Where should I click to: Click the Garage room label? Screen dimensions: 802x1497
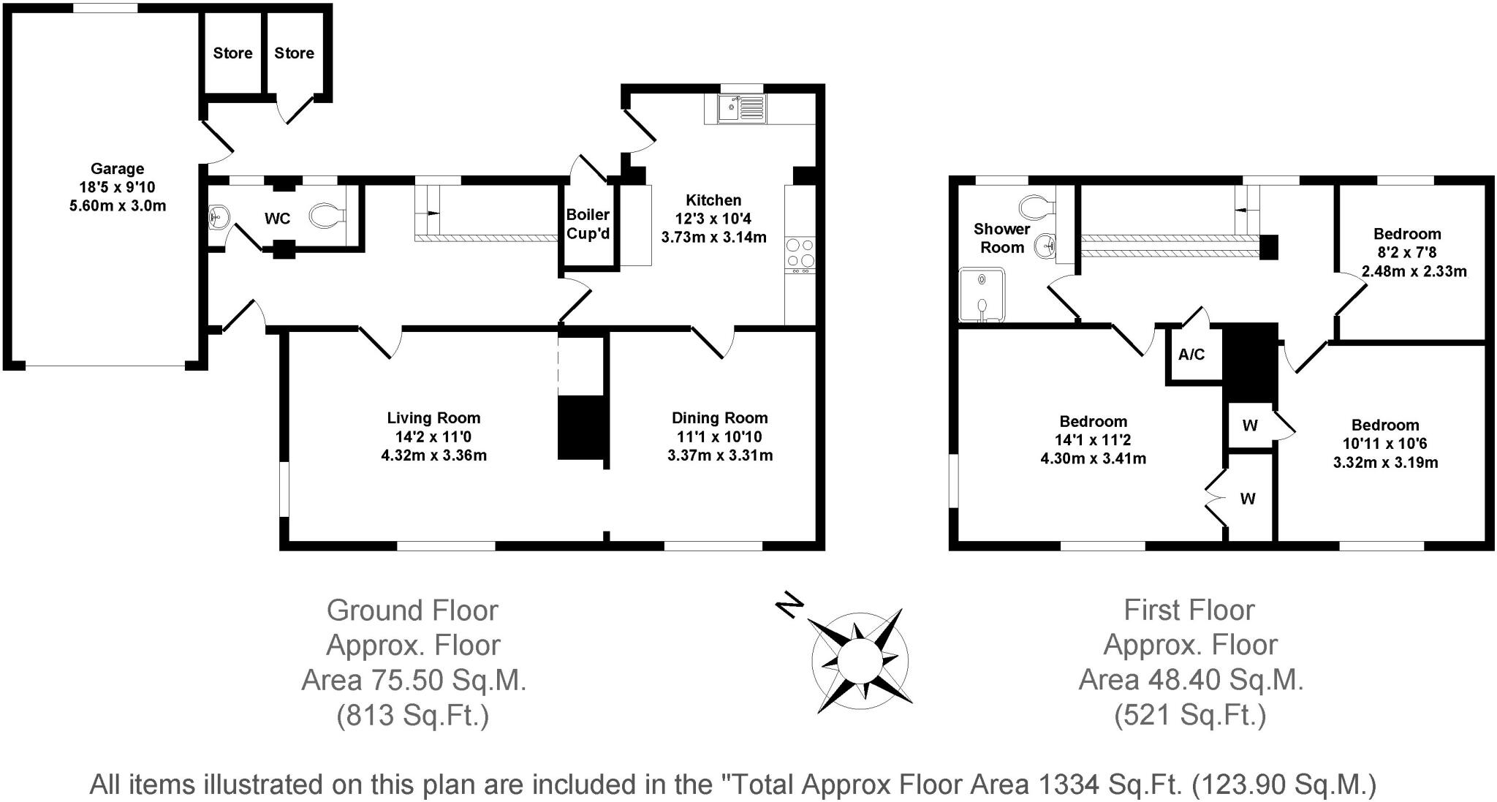point(117,169)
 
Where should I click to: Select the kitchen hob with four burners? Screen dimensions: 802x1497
point(800,253)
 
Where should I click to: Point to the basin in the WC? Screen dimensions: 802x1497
point(219,216)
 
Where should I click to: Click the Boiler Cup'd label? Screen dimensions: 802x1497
point(588,224)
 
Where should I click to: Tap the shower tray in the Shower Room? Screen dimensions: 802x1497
point(982,295)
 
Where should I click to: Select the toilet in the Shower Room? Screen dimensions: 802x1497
point(1036,207)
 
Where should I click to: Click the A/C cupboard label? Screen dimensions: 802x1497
point(1191,355)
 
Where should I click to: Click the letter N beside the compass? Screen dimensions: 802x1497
point(789,605)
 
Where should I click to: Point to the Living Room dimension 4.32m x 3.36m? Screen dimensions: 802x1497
point(433,455)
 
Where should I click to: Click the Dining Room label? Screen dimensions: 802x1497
point(719,418)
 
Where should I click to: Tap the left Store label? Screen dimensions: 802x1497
point(232,53)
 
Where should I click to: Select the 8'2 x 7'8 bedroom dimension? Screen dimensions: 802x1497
point(1406,253)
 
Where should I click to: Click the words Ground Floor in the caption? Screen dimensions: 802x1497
point(412,610)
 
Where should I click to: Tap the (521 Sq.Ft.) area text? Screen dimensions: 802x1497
point(1190,715)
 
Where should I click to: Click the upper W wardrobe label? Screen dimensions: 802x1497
point(1250,425)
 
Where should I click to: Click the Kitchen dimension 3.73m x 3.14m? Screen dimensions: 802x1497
point(713,237)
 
